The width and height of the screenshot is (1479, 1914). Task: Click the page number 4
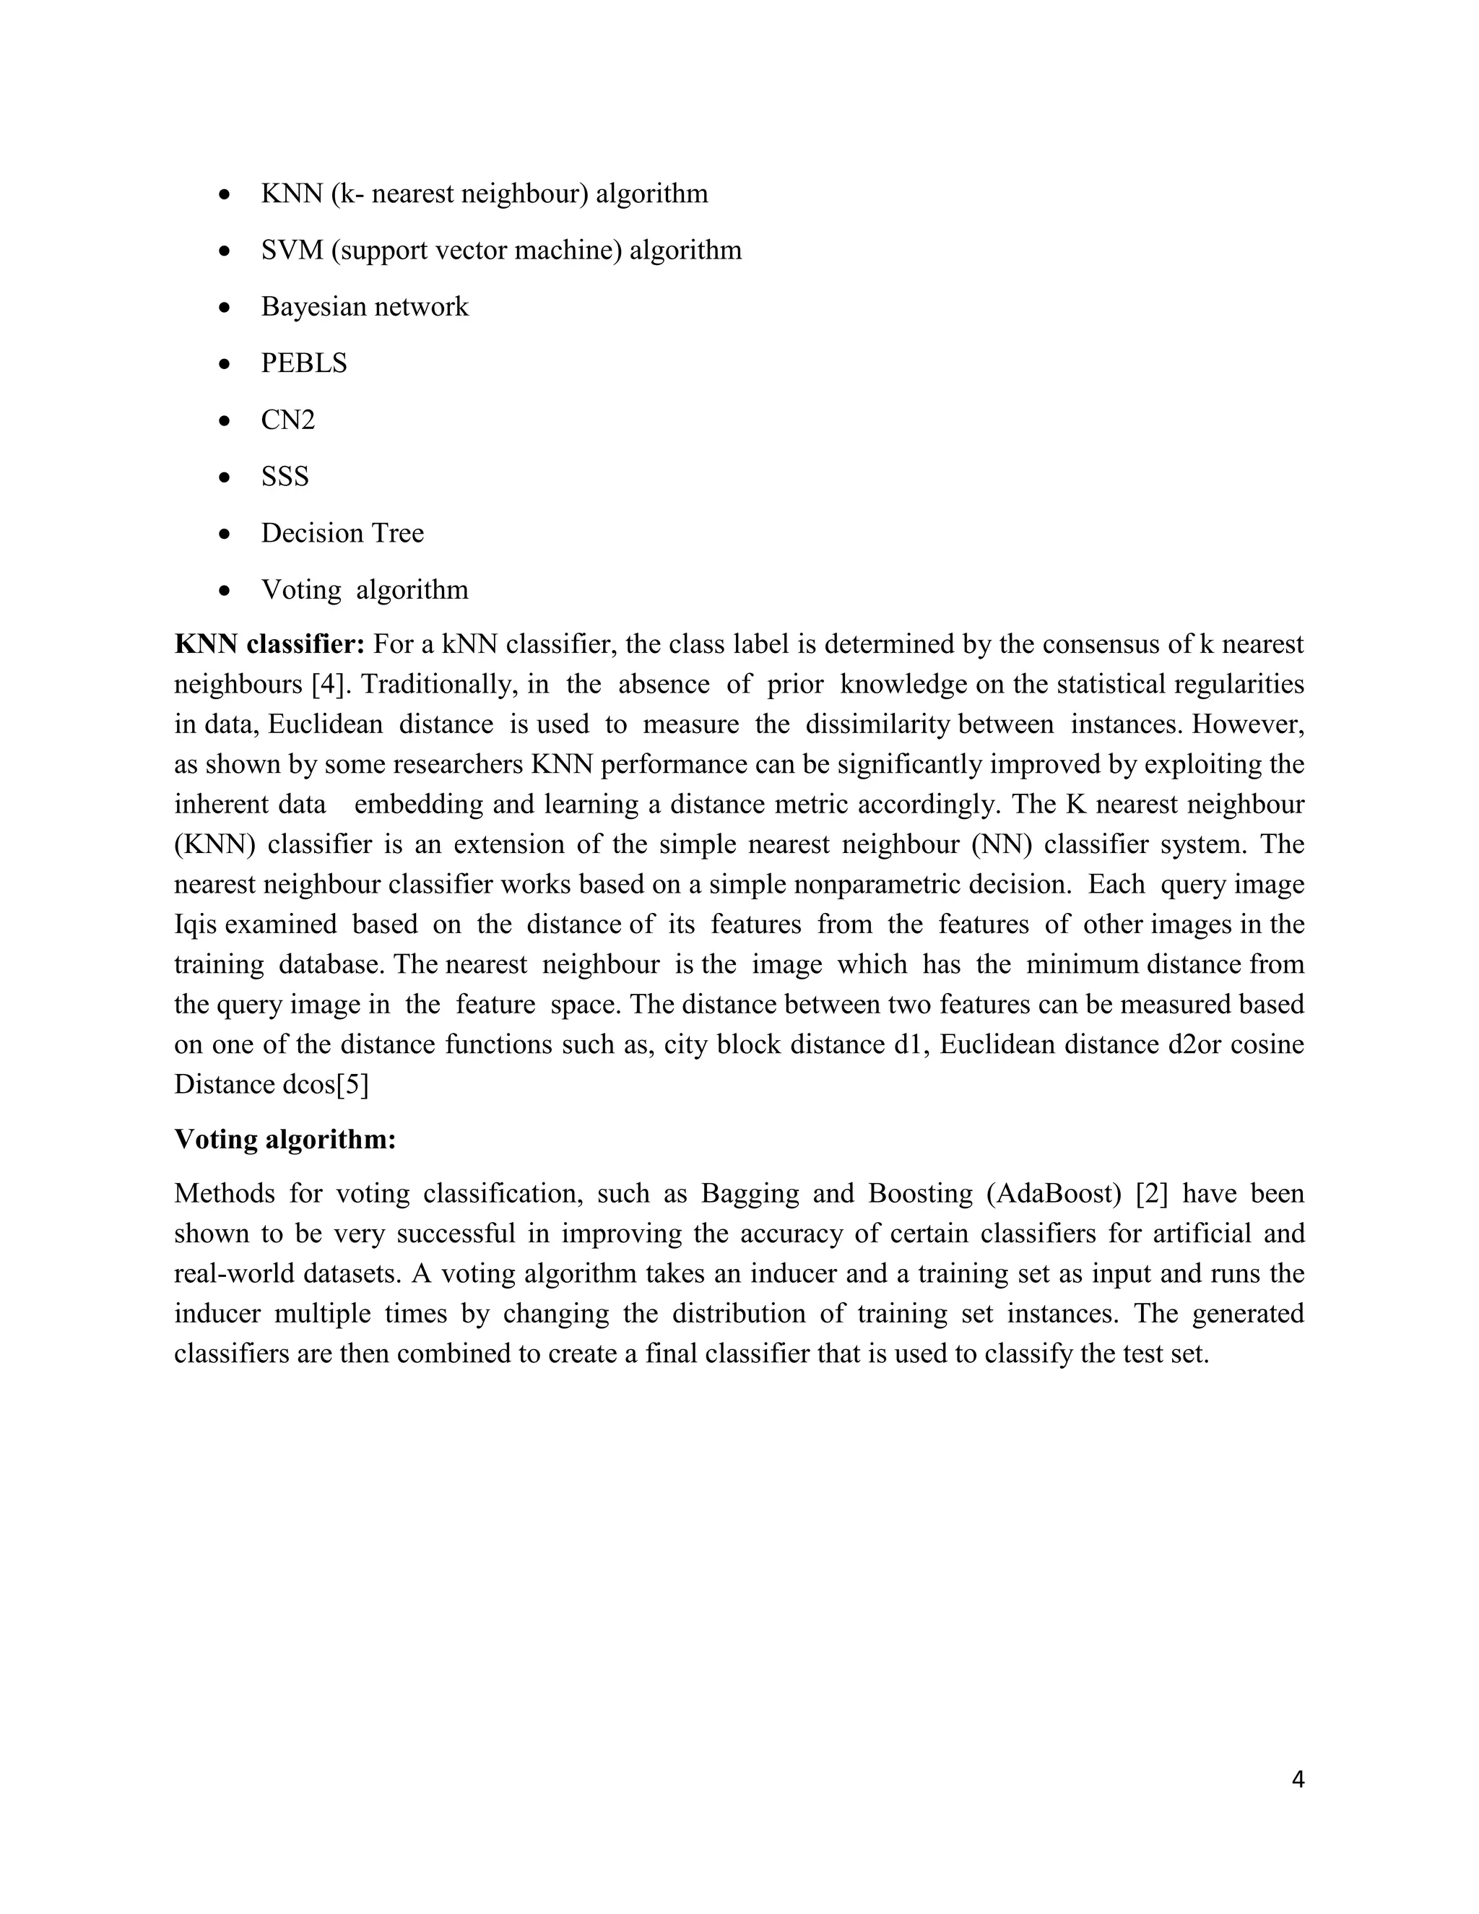[1298, 1780]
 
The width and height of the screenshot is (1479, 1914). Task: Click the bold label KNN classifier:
[269, 644]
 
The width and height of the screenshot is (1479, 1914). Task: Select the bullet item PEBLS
[304, 363]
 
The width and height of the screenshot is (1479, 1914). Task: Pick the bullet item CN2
[287, 420]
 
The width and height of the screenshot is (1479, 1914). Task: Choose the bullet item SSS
[285, 477]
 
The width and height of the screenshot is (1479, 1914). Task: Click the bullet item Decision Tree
[342, 533]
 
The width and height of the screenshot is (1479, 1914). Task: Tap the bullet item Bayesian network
[365, 307]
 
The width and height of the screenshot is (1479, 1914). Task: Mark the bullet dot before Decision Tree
[225, 534]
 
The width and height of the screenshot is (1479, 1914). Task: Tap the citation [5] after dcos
[352, 1085]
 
